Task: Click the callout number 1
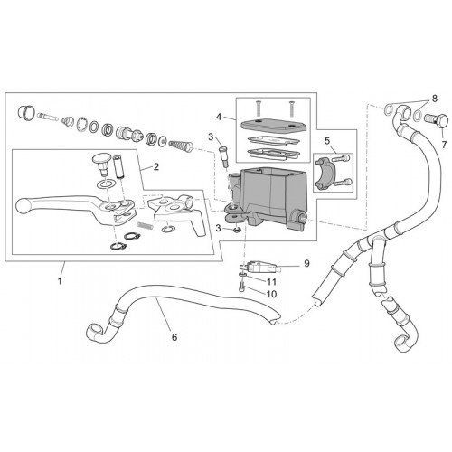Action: [60, 281]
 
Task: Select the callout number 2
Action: [156, 166]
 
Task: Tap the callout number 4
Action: [219, 117]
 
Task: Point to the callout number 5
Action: [327, 141]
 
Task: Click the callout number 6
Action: [174, 337]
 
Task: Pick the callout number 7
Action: [444, 145]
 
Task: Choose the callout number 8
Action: [434, 99]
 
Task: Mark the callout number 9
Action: [306, 263]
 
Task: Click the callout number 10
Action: [271, 294]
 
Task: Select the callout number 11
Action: [271, 282]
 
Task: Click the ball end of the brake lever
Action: [22, 205]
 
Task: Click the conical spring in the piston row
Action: [181, 146]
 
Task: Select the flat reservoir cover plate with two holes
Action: [274, 126]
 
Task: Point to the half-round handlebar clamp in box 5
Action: [324, 174]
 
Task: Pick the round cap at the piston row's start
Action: [26, 113]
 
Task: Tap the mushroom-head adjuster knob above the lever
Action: [102, 165]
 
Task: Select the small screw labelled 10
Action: [241, 285]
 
